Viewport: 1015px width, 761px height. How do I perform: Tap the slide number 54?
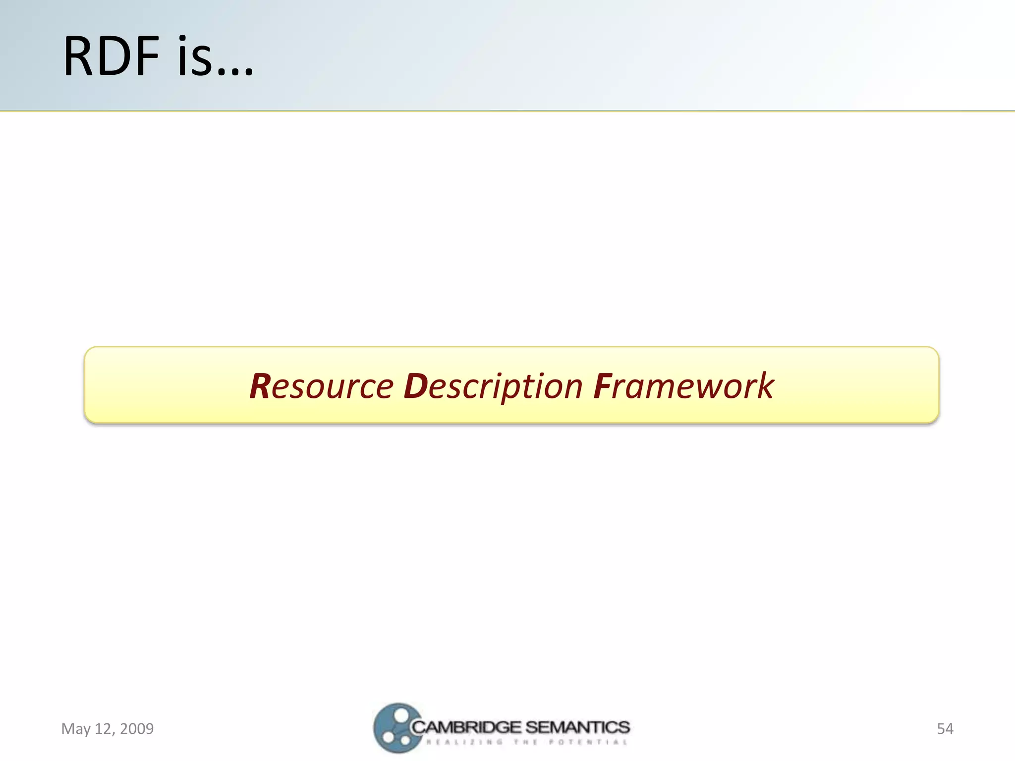945,729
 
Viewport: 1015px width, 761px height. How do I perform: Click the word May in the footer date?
76,729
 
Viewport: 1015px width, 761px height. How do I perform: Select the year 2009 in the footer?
137,729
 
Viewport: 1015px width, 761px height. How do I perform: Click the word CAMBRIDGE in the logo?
466,727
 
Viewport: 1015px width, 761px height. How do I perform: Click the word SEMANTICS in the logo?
577,727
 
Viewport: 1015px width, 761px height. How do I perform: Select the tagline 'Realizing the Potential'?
527,742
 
